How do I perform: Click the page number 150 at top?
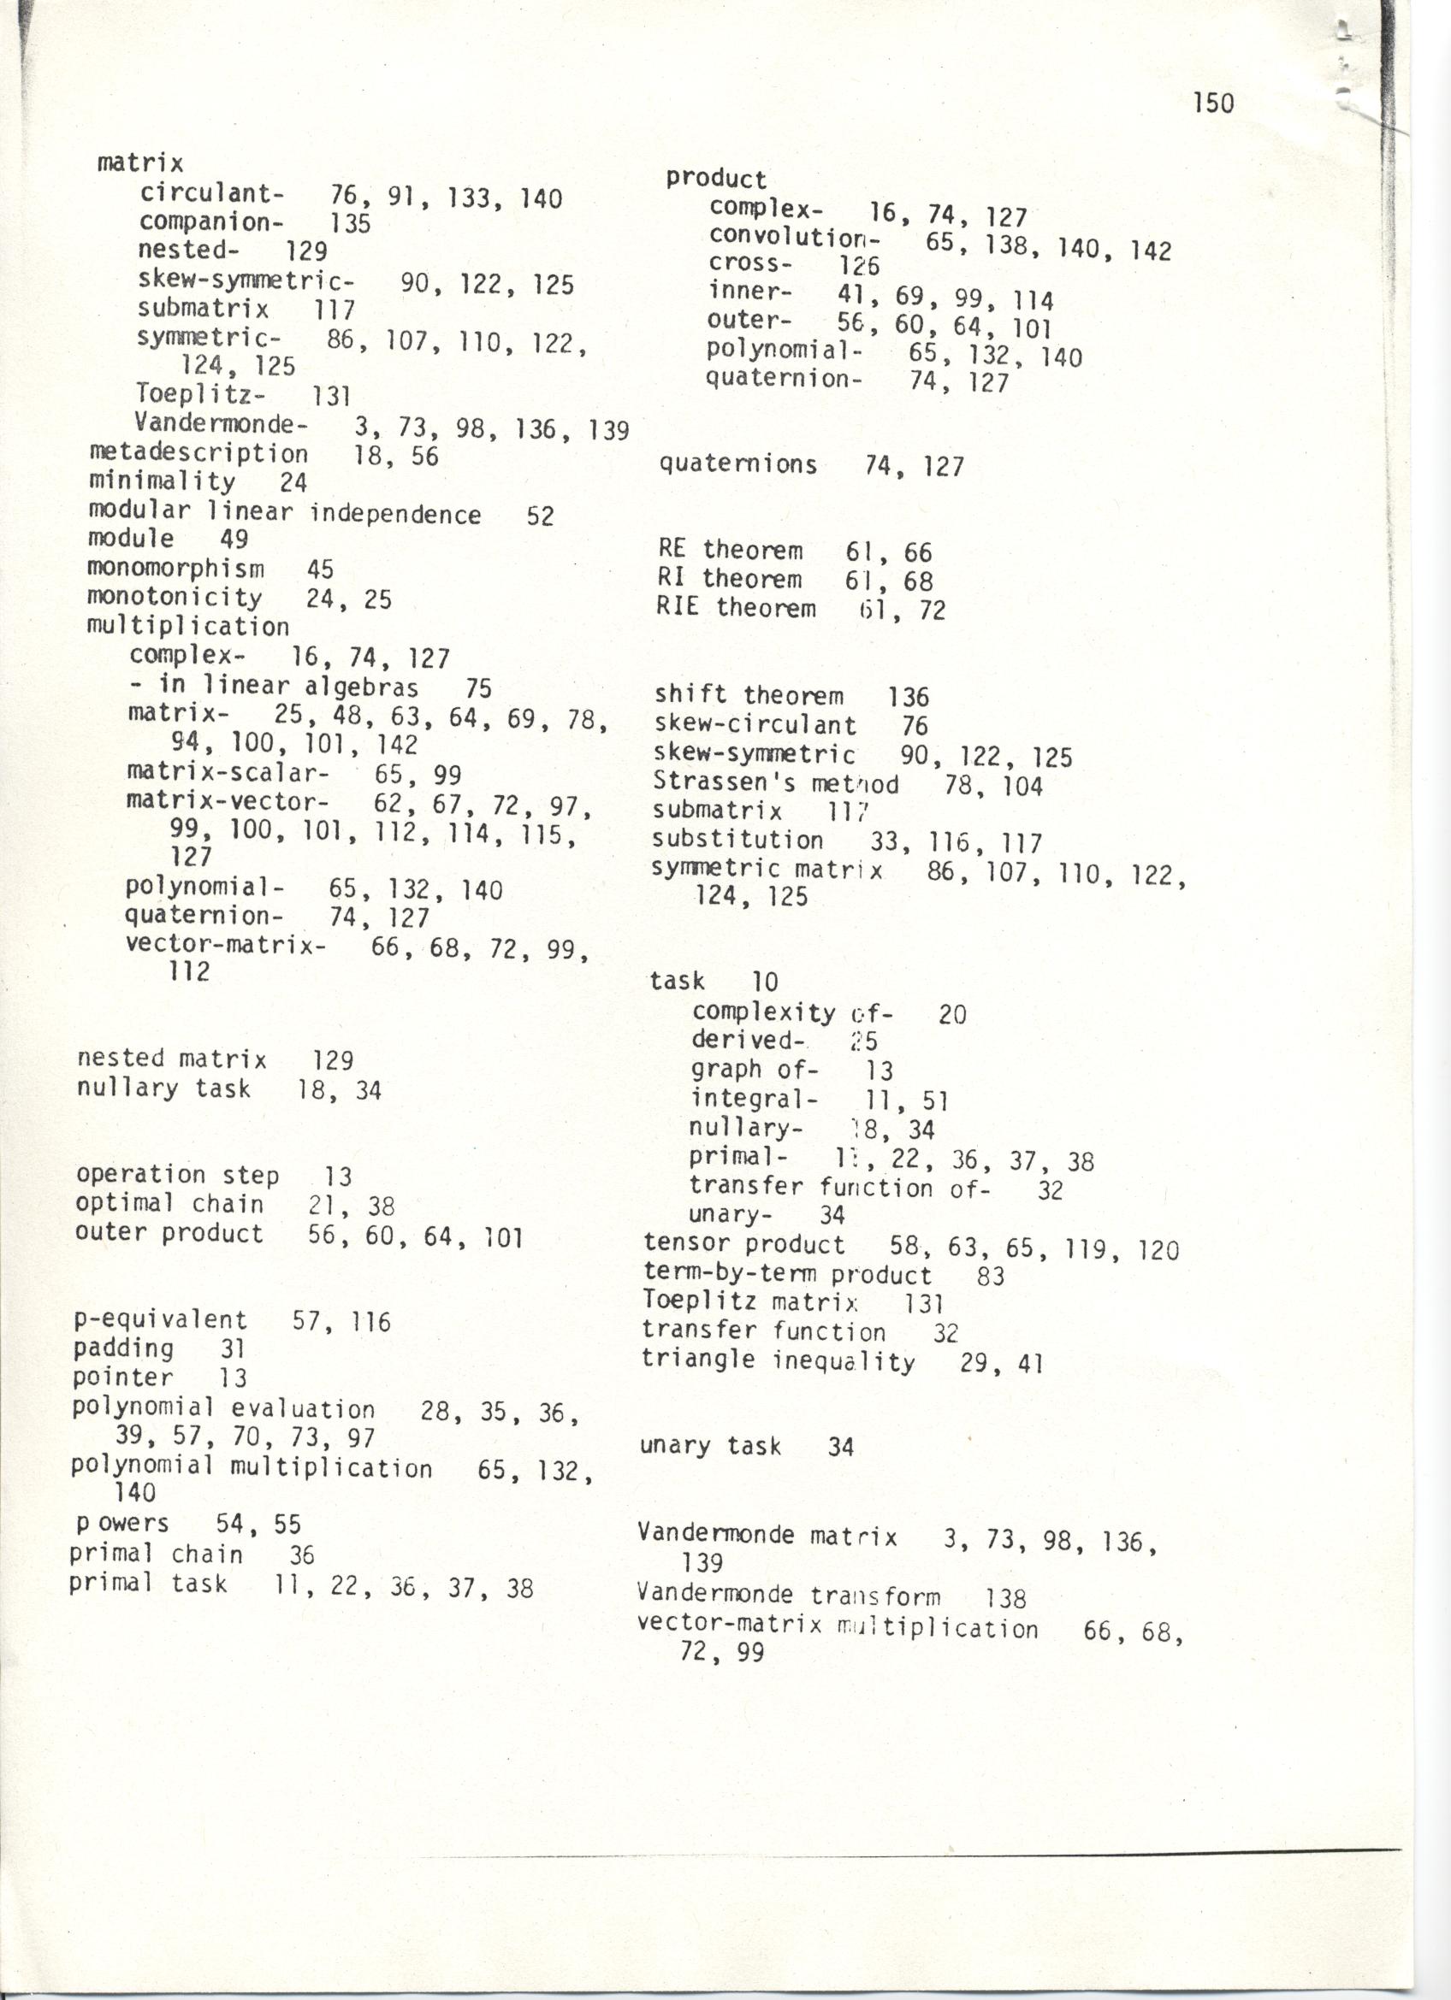pos(1213,103)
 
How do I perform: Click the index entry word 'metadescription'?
pos(198,453)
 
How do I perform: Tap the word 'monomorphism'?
pos(175,568)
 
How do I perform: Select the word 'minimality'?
pos(162,481)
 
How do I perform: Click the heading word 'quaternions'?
pos(737,463)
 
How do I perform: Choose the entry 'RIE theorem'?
pos(736,608)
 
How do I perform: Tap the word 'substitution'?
pos(737,840)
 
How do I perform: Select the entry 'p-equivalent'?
pos(161,1319)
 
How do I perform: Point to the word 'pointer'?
pos(122,1377)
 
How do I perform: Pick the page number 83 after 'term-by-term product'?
pos(991,1275)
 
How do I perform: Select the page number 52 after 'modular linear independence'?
pos(540,515)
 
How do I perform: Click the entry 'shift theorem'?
pos(748,695)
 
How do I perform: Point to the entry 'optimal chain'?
pos(169,1204)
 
